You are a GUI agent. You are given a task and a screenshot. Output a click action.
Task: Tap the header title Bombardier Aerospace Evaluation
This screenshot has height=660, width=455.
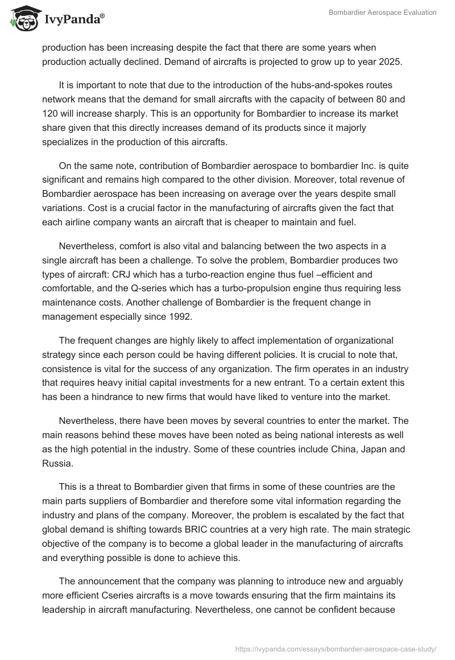point(383,13)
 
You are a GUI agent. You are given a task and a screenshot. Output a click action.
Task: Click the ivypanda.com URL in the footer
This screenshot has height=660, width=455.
point(335,648)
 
